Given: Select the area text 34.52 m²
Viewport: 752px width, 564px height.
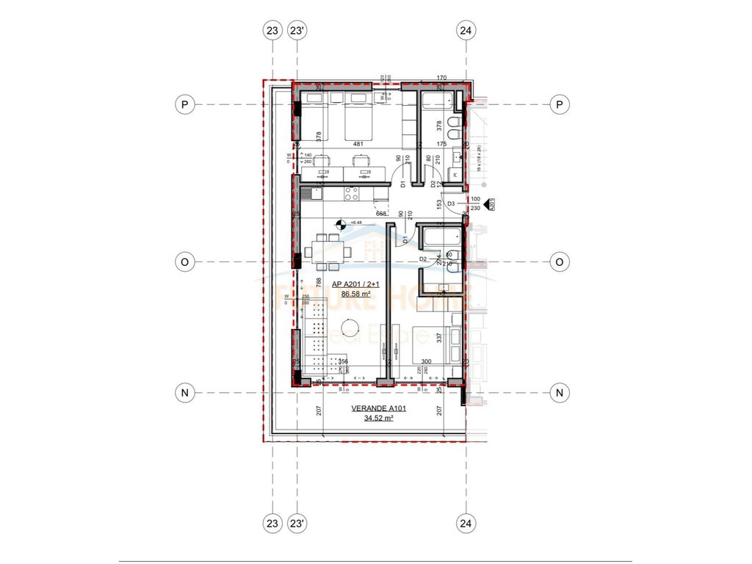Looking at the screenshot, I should pos(379,419).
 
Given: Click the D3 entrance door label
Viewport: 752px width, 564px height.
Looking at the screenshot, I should pos(451,203).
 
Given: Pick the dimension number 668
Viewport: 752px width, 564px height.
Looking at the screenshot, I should pos(382,214).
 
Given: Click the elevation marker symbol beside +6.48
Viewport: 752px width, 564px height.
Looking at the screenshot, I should pos(340,224).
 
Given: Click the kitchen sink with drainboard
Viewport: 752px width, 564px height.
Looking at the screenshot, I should pos(308,194).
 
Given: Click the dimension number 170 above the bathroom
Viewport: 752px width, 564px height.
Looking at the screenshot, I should pos(441,78).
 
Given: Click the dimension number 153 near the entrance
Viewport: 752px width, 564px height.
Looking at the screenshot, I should pos(438,203).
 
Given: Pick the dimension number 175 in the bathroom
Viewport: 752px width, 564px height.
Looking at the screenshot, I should pos(441,145).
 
